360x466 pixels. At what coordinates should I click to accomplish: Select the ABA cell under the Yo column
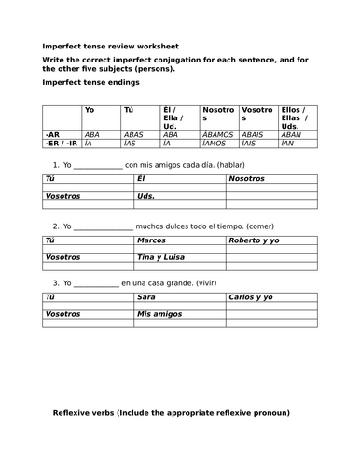tap(91, 134)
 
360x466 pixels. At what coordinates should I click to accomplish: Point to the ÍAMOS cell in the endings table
tap(215, 144)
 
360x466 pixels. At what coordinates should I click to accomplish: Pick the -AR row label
tap(52, 134)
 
